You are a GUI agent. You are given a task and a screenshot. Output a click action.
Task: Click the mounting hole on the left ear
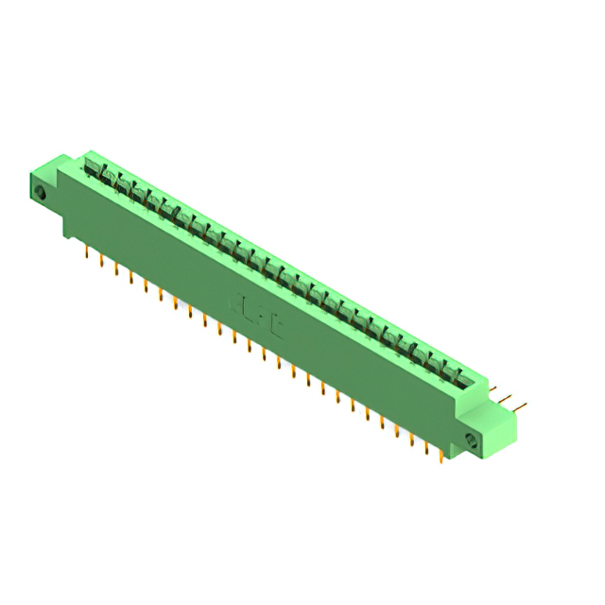41,193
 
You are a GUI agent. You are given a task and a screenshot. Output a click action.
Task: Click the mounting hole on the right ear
471,440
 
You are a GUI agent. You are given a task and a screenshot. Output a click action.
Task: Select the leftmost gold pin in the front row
87,252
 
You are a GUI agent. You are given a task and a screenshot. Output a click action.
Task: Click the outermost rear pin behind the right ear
523,408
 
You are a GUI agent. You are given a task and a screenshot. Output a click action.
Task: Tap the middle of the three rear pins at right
510,401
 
